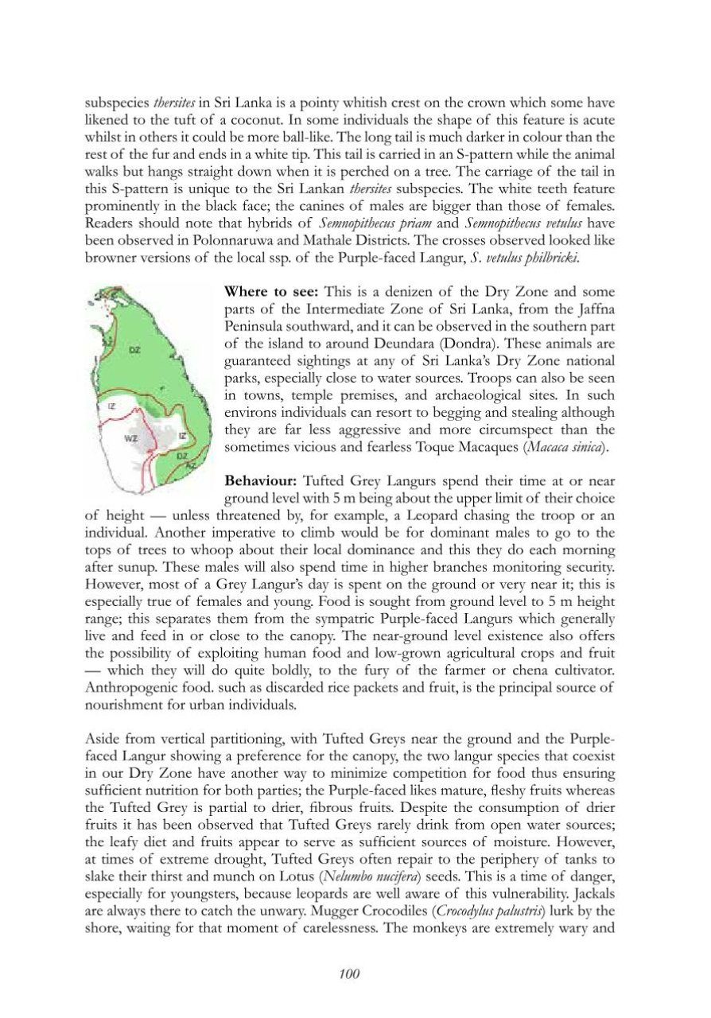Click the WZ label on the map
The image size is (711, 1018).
pos(130,437)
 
